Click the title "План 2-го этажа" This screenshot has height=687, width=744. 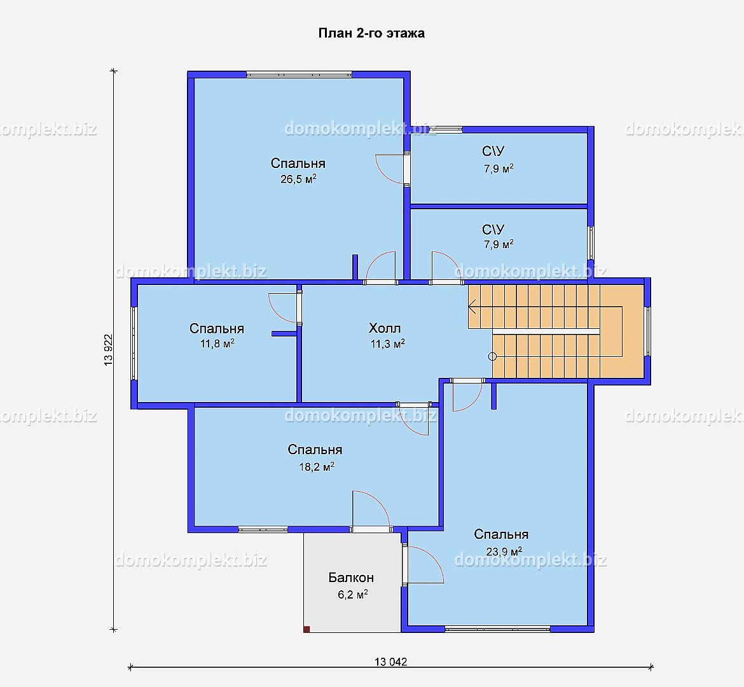pos(371,33)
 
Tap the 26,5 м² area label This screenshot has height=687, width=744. pos(298,179)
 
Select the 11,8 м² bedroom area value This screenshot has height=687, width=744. pos(217,343)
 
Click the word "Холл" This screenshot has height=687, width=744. pos(385,328)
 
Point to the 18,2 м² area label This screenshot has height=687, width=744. pos(317,467)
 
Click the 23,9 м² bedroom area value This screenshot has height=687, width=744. pos(504,552)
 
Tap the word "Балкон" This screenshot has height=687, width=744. pos(351,578)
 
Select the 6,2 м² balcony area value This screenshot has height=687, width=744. pos(352,594)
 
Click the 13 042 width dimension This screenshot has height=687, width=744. pos(391,662)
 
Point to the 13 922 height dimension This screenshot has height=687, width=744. pos(109,350)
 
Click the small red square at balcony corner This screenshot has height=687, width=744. pos(307,630)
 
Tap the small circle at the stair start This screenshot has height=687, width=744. pos(492,357)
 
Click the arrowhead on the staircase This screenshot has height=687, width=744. pos(472,307)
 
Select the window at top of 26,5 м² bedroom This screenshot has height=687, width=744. pos(299,74)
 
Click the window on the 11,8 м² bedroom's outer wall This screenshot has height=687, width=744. pos(134,343)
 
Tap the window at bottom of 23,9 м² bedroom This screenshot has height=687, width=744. pos(497,629)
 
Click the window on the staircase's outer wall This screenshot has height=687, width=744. pos(648,331)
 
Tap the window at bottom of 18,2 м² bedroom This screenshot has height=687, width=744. pos(263,529)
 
